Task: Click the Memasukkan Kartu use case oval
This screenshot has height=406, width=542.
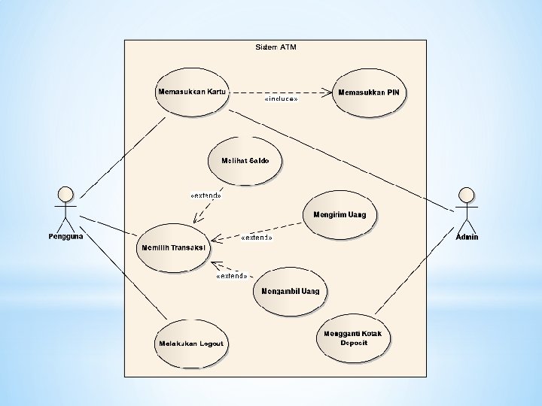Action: click(x=192, y=92)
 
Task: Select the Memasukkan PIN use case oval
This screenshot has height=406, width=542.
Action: click(x=369, y=93)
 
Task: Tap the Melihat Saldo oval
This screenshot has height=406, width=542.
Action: click(x=240, y=161)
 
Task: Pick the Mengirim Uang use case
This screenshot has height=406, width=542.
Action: click(x=340, y=215)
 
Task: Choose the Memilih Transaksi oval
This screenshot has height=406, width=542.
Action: click(x=173, y=247)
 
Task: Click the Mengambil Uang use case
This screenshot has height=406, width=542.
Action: click(x=290, y=291)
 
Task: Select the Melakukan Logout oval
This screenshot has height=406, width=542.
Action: click(x=190, y=344)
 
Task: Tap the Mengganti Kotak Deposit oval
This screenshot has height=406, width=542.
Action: click(x=353, y=338)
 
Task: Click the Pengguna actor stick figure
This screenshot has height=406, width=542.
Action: click(x=65, y=208)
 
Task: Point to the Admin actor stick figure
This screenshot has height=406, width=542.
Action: click(x=467, y=208)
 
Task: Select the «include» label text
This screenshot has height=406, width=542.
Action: click(x=281, y=99)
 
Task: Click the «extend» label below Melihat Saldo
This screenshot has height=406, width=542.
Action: click(x=206, y=195)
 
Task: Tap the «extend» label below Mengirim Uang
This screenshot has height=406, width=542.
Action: click(x=256, y=238)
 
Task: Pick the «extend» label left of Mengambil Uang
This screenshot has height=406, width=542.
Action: click(x=231, y=276)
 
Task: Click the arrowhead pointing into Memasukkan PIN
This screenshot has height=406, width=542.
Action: click(x=327, y=92)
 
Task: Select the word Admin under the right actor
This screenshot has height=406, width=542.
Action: click(x=467, y=237)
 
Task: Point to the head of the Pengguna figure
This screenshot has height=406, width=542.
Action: click(x=65, y=192)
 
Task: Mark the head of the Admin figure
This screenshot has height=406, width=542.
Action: click(x=467, y=193)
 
